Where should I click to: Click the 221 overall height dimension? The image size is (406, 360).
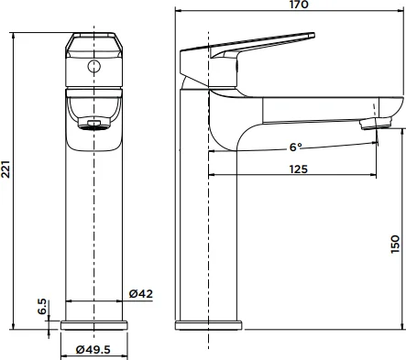6,169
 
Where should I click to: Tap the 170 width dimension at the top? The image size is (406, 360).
299,5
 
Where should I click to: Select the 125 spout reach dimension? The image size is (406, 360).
299,169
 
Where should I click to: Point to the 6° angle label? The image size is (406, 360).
295,147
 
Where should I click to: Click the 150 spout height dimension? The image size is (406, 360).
395,244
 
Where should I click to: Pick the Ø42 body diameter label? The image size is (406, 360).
140,294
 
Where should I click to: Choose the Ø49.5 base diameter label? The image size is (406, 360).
93,349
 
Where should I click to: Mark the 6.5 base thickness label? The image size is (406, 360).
42,307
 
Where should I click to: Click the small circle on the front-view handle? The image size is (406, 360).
93,66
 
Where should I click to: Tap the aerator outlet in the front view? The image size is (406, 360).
93,124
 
